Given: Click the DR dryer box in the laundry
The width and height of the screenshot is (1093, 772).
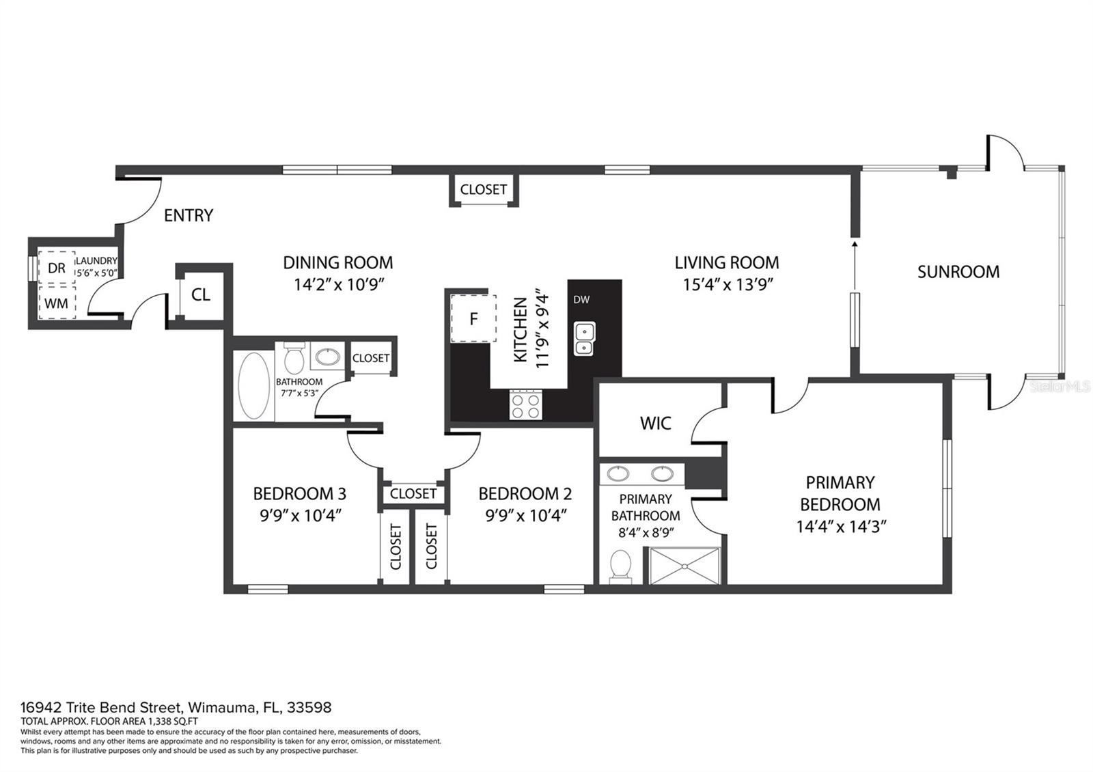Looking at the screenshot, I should tap(57, 268).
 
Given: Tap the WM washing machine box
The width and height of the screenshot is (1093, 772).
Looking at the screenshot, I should tap(57, 302).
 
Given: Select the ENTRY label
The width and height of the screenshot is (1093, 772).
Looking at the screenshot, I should tap(189, 216).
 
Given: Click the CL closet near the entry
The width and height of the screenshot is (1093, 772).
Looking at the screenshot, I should tap(200, 295).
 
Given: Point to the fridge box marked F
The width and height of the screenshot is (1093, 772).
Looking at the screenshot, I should tap(473, 318).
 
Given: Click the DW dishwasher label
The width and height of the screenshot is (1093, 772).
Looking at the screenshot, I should tap(581, 299).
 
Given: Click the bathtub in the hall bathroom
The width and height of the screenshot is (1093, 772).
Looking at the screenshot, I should tap(253, 385).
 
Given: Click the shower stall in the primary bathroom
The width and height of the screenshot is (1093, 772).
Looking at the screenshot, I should tap(684, 566).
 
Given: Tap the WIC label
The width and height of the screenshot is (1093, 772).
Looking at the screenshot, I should tap(655, 424).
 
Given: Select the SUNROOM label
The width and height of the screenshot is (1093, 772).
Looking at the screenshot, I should tap(958, 272).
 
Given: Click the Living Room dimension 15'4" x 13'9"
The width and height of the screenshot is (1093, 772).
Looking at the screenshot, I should tap(726, 284).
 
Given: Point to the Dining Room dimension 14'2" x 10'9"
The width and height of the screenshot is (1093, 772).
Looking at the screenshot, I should tap(338, 284).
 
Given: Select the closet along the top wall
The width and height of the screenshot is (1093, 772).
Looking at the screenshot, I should tap(483, 189).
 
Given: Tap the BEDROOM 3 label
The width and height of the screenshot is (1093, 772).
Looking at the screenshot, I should tap(299, 493).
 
